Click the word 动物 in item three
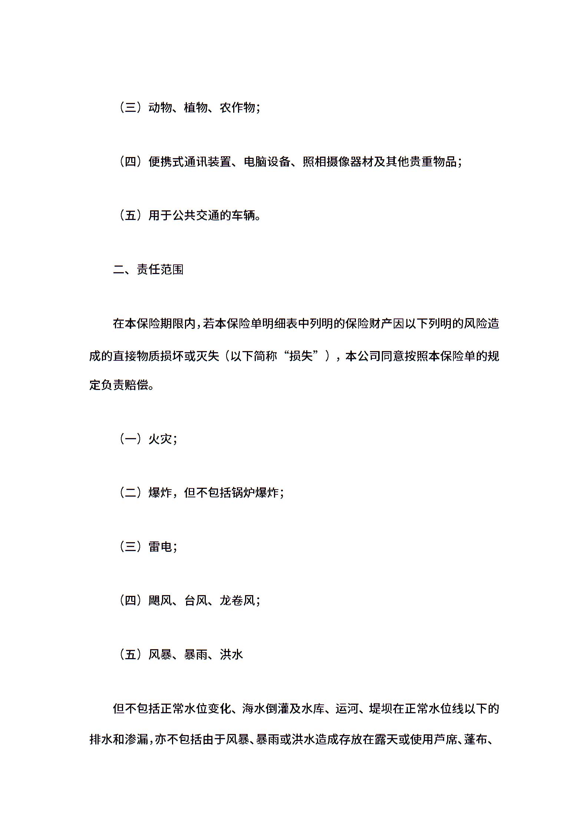coord(160,108)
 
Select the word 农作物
coord(237,108)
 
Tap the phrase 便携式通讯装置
coord(190,162)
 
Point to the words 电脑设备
coord(267,162)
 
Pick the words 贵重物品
coord(433,162)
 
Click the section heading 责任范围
coord(160,270)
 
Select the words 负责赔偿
coord(125,385)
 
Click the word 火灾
coord(160,439)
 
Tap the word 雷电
coord(160,547)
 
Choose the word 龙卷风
coord(237,601)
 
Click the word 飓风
coord(160,601)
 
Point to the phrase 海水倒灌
coord(266,709)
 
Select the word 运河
coord(347,709)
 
